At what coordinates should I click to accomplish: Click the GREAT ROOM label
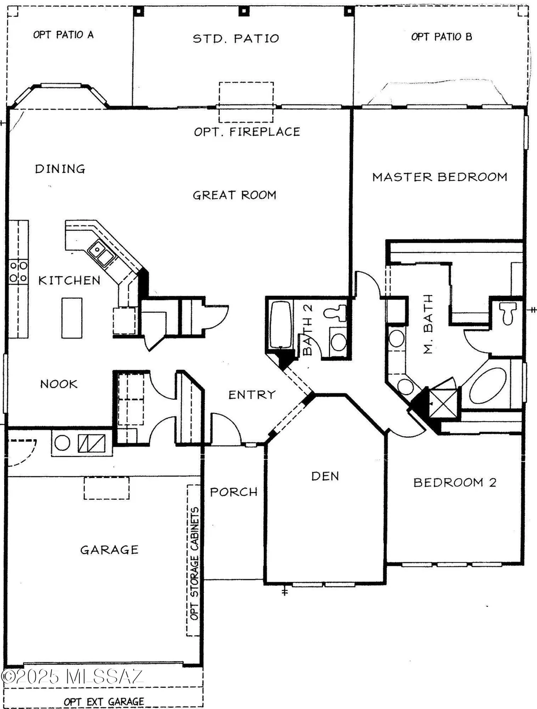point(234,195)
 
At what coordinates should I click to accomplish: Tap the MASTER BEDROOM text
point(440,177)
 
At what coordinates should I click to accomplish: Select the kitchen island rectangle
point(72,318)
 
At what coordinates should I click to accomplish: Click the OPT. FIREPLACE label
point(247,132)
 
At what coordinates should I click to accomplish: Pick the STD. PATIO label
point(236,39)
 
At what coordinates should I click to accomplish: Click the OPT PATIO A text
point(63,35)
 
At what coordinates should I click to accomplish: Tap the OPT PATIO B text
point(442,37)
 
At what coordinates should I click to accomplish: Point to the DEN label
point(325,476)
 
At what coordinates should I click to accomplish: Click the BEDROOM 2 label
point(455,483)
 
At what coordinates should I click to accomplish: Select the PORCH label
point(234,492)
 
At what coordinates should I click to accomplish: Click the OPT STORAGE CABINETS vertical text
point(194,563)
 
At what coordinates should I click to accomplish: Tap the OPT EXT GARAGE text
point(104,702)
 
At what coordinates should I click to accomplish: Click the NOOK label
point(59,384)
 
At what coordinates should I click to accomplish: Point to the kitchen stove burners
point(18,272)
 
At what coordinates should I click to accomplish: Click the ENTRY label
point(252,395)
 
